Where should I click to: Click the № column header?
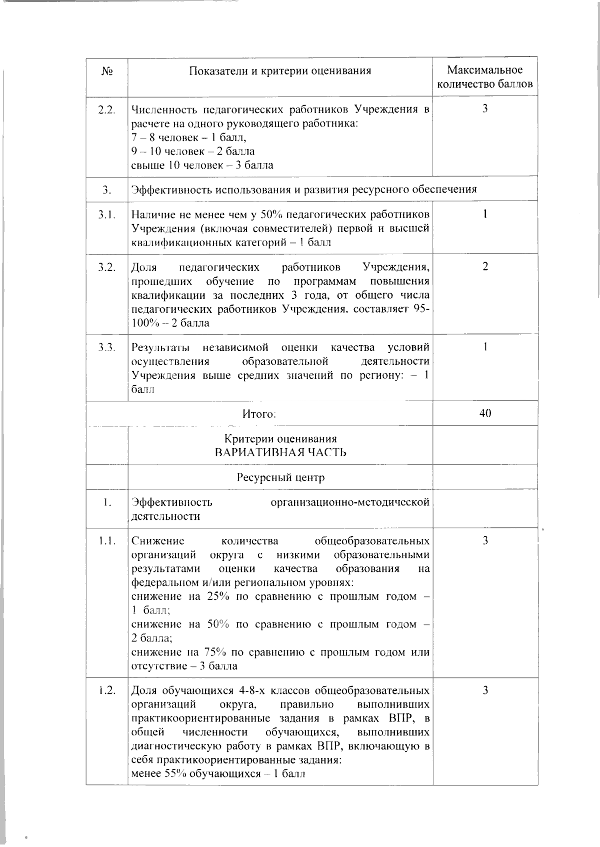(x=106, y=71)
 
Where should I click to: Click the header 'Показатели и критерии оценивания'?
(x=280, y=71)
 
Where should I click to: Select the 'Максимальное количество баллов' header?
(x=485, y=77)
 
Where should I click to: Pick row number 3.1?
(x=107, y=215)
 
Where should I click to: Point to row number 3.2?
(x=107, y=267)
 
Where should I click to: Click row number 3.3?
(x=107, y=347)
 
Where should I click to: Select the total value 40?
(x=485, y=413)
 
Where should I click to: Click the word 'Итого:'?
(x=259, y=414)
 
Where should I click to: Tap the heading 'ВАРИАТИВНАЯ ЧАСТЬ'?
(x=280, y=452)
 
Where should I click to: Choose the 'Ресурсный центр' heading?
(x=280, y=477)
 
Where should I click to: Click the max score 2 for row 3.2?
(x=485, y=267)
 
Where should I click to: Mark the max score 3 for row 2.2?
(x=485, y=109)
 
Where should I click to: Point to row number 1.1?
(x=107, y=541)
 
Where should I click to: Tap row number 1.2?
(x=107, y=691)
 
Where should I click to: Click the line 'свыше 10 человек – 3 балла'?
(x=202, y=165)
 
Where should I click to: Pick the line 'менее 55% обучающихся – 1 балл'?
(x=218, y=774)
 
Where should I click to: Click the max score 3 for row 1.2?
(x=485, y=691)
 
